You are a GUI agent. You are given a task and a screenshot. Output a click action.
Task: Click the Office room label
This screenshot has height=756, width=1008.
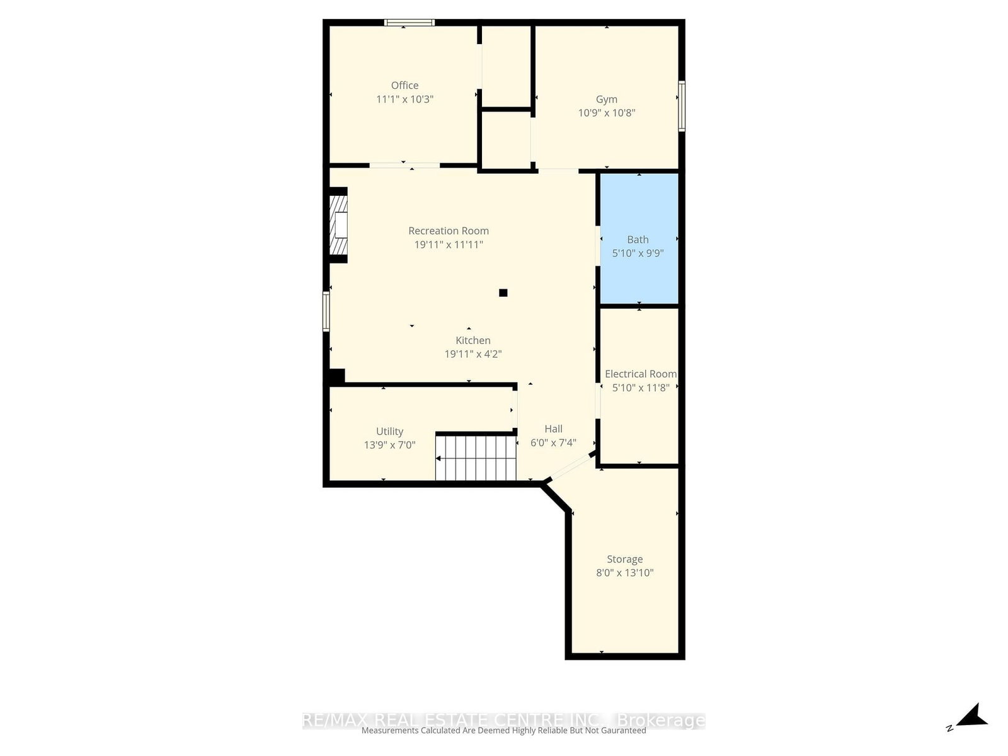pyautogui.click(x=404, y=85)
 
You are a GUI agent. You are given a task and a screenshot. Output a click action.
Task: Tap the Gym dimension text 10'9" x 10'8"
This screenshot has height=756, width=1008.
pyautogui.click(x=607, y=113)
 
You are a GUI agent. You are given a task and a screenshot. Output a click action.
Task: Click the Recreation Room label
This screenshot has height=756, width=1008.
pyautogui.click(x=449, y=231)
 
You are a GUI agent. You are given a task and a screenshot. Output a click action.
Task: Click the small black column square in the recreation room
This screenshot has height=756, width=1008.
pyautogui.click(x=503, y=292)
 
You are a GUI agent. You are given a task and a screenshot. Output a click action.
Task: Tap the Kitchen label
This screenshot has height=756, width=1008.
pyautogui.click(x=473, y=340)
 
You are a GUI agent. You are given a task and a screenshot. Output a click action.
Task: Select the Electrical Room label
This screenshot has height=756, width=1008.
pyautogui.click(x=641, y=374)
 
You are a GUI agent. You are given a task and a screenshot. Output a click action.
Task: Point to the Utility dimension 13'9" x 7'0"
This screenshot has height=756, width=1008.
pyautogui.click(x=389, y=445)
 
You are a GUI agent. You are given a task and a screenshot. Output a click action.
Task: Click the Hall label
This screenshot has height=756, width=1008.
pyautogui.click(x=553, y=428)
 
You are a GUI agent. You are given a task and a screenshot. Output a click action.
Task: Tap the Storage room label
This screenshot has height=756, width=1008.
pyautogui.click(x=624, y=559)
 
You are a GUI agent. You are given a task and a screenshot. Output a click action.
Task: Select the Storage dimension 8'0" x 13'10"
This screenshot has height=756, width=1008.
pyautogui.click(x=624, y=573)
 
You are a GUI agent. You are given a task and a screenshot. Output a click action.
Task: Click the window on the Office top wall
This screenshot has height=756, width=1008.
pyautogui.click(x=409, y=23)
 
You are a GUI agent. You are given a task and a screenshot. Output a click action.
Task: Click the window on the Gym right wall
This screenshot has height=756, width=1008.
pyautogui.click(x=682, y=106)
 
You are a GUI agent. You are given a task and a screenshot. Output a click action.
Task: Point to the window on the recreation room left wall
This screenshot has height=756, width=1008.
pyautogui.click(x=326, y=311)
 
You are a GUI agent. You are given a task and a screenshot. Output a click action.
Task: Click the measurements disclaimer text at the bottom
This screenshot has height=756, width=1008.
pyautogui.click(x=503, y=731)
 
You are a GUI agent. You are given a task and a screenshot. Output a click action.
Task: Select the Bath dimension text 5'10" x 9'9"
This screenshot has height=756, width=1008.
pyautogui.click(x=638, y=253)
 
